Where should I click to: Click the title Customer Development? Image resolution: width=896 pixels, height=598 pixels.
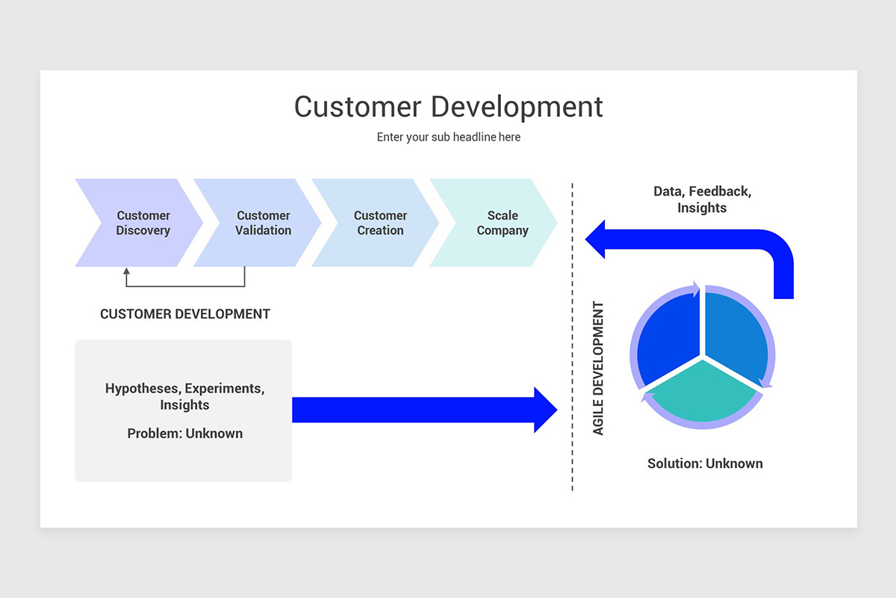448,107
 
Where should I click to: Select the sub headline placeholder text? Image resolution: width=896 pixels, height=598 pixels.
448,138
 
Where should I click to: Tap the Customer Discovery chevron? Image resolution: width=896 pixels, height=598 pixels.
142,223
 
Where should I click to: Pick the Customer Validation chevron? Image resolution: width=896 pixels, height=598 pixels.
262,223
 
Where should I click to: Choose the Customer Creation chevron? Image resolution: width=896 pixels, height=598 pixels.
380,223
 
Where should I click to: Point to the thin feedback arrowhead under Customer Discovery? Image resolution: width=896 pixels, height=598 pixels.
126,272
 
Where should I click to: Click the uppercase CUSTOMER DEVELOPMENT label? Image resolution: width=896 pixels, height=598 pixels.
185,314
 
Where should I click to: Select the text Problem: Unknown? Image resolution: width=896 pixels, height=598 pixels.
184,434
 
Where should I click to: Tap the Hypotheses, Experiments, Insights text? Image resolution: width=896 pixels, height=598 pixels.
184,397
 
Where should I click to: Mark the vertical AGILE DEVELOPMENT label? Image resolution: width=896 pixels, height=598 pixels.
598,369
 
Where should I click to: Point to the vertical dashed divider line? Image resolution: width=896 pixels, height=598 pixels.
573,336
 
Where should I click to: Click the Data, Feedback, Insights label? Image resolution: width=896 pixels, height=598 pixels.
702,200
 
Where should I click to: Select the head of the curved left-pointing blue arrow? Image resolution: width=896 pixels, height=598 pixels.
595,239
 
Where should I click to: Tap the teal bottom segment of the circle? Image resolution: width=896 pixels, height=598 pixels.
702,392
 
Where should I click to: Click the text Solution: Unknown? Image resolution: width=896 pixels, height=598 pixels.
705,463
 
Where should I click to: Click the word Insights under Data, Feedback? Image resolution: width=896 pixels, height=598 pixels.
702,209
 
